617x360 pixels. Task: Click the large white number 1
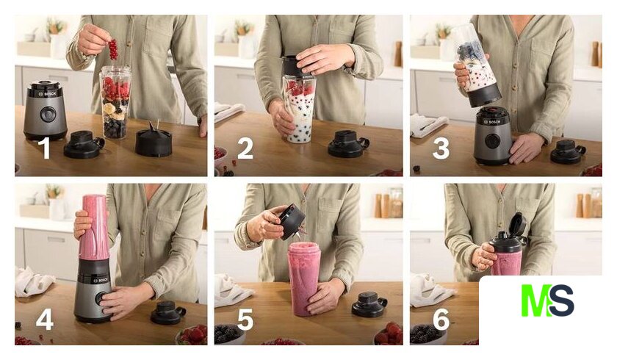pos(46,148)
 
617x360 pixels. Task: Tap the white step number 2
pos(245,148)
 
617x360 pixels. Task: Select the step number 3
pos(441,148)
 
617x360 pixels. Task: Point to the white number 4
pos(45,319)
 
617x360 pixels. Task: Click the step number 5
pos(245,319)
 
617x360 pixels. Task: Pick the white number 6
pos(441,319)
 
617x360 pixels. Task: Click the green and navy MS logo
pos(547,301)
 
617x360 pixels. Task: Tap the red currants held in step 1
pos(113,48)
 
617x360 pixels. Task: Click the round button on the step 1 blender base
pos(47,114)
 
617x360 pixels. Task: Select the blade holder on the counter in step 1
pos(154,140)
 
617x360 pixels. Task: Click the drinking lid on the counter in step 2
pos(348,144)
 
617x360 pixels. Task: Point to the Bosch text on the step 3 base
pos(492,122)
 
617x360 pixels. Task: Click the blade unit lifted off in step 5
pos(293,222)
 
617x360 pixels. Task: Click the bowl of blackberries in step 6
pos(427,334)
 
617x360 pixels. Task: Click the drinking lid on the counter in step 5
pos(369,304)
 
